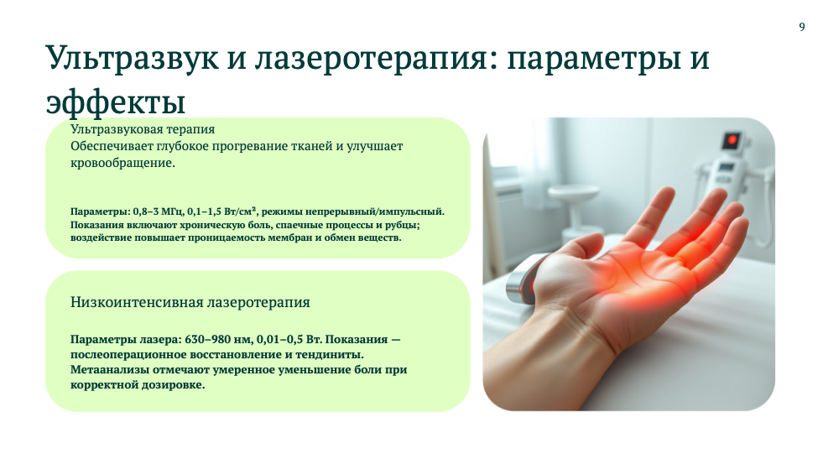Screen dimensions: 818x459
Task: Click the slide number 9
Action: click(x=802, y=27)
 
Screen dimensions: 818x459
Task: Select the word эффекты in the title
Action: click(x=116, y=102)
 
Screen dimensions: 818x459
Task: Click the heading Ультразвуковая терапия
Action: click(x=143, y=129)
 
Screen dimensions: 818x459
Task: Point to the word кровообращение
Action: click(x=122, y=163)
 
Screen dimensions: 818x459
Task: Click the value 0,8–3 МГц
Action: click(x=159, y=211)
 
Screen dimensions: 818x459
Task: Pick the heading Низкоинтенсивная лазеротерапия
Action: click(x=190, y=302)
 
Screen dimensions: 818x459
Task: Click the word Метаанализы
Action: click(x=110, y=370)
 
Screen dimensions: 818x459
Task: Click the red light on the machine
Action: click(x=732, y=140)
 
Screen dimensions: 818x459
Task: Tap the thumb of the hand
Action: click(x=574, y=248)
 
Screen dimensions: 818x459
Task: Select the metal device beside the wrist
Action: click(x=524, y=279)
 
